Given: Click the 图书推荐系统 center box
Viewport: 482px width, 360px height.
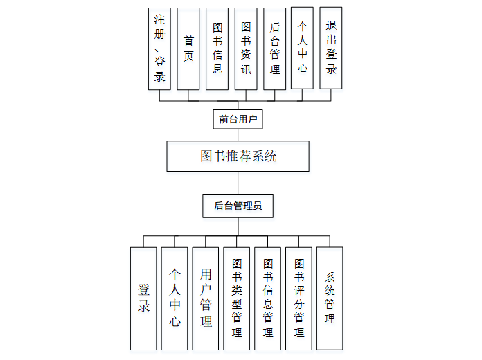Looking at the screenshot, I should click(x=238, y=156).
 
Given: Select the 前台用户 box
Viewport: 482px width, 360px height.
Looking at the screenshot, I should click(x=238, y=119).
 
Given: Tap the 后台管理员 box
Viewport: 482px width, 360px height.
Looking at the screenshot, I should click(x=238, y=206).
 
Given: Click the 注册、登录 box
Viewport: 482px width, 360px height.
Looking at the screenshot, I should click(x=159, y=48).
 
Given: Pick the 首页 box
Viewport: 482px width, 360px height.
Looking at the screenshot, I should click(x=188, y=48).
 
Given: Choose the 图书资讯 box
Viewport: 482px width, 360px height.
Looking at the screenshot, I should click(x=246, y=48).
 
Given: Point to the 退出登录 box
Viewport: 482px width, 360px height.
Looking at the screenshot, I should click(x=331, y=48).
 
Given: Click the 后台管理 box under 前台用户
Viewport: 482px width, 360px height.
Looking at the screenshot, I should click(x=274, y=48).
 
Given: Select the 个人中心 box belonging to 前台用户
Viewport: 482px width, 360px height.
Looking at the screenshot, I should click(x=303, y=48).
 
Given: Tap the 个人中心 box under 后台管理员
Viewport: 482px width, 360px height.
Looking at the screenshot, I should click(x=175, y=298).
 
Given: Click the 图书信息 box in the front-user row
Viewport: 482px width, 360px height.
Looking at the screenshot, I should click(x=217, y=48).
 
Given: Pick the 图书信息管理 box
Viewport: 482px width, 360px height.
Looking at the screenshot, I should click(x=268, y=298).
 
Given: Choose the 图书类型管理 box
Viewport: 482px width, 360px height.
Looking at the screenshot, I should click(x=237, y=298).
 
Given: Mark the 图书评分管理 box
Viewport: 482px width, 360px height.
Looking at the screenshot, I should click(x=299, y=298).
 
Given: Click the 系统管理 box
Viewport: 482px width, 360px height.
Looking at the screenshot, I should click(x=330, y=298).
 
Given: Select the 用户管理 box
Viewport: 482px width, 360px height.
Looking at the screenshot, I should click(x=206, y=298).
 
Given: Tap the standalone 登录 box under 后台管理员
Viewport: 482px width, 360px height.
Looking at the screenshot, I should click(x=143, y=298).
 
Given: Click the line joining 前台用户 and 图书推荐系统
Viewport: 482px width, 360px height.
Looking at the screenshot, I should click(x=238, y=135).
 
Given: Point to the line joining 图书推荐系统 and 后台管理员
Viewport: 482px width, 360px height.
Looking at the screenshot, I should click(x=238, y=183).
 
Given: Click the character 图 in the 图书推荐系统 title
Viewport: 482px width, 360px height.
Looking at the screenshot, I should click(x=206, y=156).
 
